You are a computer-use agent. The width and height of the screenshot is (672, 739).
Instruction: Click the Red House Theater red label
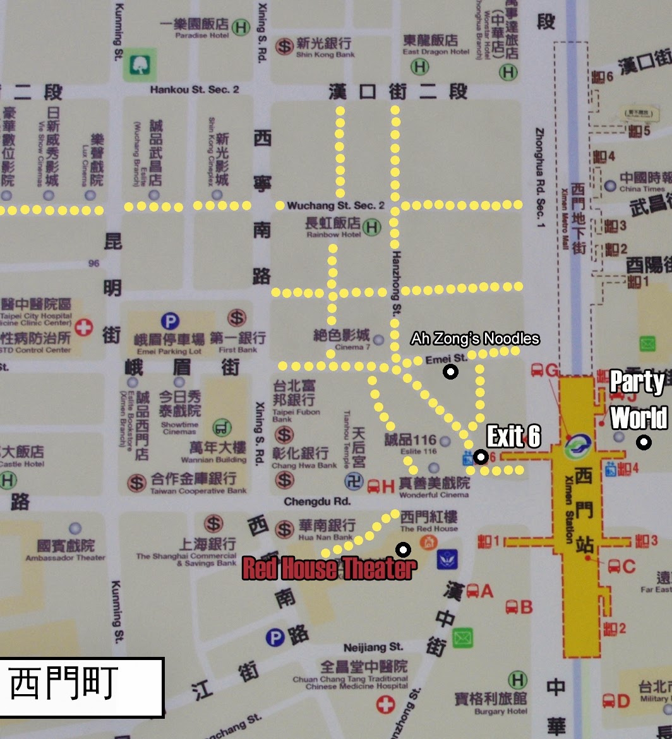point(329,568)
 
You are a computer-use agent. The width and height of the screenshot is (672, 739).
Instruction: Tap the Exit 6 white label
point(513,436)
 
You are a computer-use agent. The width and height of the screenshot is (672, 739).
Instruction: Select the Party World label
point(637,400)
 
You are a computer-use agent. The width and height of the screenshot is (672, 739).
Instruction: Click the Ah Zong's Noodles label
point(475,339)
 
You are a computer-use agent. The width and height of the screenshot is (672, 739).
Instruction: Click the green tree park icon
point(139,64)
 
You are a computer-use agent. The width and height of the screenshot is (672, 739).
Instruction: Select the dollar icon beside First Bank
point(237,318)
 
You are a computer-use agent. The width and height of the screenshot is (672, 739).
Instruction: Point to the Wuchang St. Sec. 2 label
point(335,206)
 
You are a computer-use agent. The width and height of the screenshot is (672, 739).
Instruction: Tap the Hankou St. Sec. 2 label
point(195,90)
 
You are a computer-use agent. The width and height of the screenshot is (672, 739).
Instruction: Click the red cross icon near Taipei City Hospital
point(83,327)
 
